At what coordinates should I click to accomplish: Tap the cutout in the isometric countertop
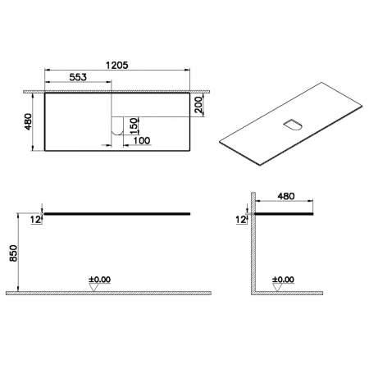[x=291, y=125]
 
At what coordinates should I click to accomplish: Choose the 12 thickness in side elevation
[x=239, y=220]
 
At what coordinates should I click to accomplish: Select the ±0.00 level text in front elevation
[x=98, y=278]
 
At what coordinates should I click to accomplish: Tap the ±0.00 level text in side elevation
[x=283, y=278]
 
